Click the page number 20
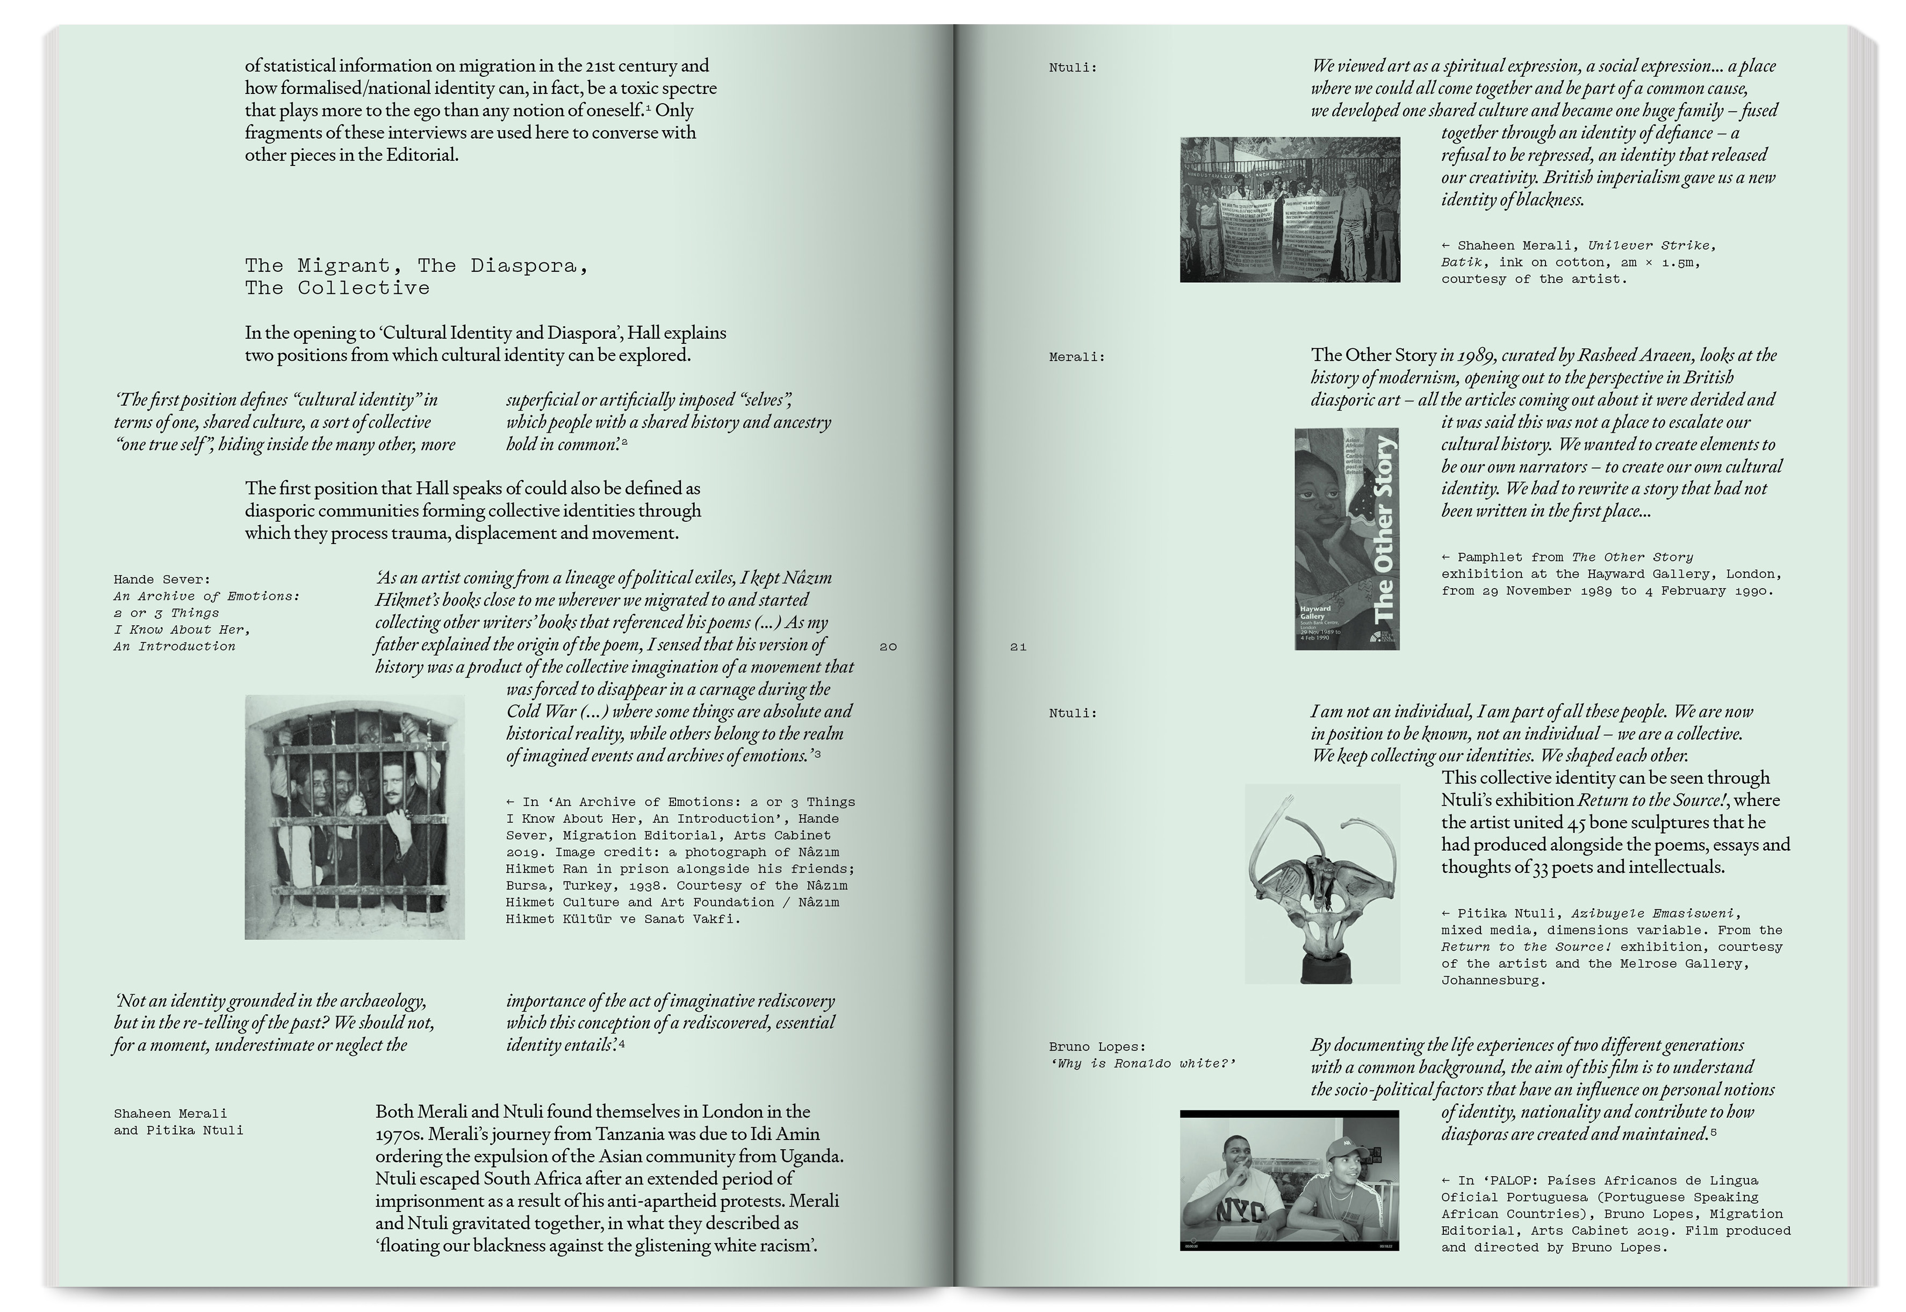point(888,647)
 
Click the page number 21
point(1018,647)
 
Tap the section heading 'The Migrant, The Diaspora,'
point(416,266)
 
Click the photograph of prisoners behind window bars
point(354,817)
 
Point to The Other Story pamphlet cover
point(1346,539)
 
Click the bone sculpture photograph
point(1321,884)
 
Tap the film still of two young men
point(1289,1180)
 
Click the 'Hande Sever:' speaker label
point(162,579)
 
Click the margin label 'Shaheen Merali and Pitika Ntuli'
point(178,1122)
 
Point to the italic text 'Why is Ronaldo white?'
point(1142,1064)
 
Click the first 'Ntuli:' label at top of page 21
point(1073,67)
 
